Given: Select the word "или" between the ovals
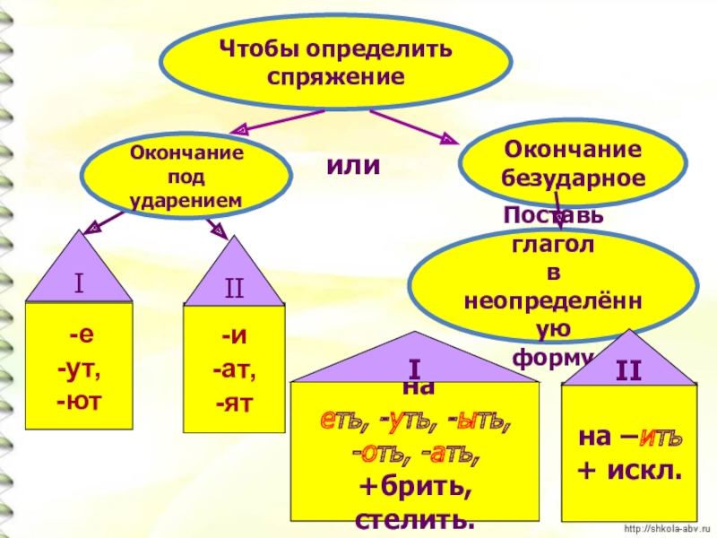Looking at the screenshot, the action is point(353,166).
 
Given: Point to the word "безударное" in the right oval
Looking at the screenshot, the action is point(574,177).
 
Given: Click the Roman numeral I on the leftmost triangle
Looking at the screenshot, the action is point(79,284).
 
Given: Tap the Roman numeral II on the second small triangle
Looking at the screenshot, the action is point(234,289).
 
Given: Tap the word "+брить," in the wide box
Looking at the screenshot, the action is point(415,489).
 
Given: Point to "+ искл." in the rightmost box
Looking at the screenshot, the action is point(627,469).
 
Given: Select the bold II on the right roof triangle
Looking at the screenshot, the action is point(627,369).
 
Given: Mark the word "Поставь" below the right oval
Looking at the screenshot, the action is point(553,216).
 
